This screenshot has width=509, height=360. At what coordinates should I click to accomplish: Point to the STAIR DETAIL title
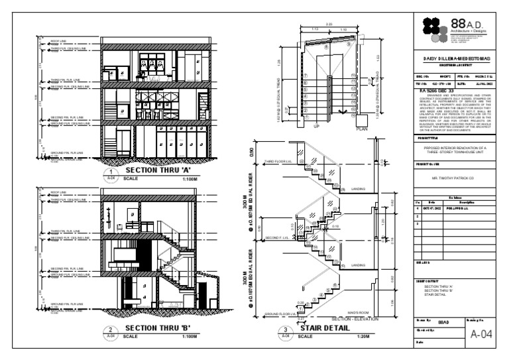(325, 328)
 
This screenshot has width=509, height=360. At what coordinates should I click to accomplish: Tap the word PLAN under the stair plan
(362, 131)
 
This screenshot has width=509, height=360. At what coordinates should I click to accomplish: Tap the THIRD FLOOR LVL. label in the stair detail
(279, 161)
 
